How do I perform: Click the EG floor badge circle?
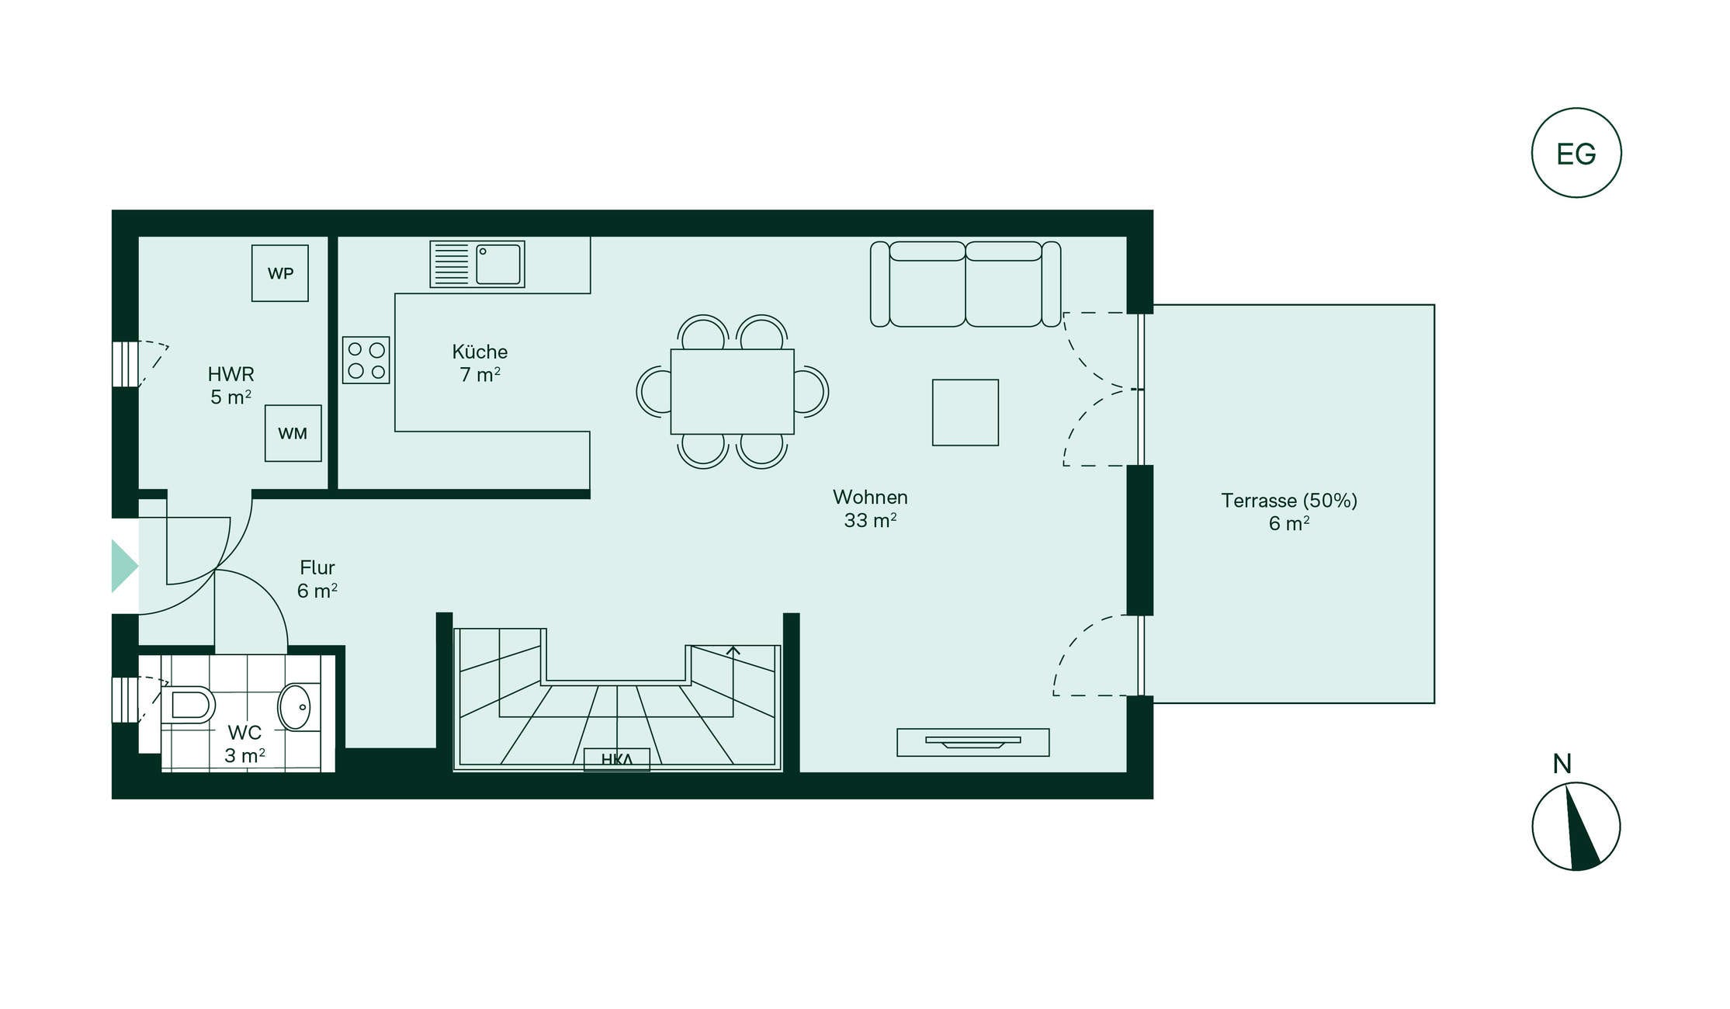[x=1576, y=109]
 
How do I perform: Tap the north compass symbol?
[x=1576, y=826]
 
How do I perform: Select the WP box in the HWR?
[x=280, y=273]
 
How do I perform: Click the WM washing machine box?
[x=293, y=433]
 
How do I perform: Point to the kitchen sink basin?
[x=498, y=264]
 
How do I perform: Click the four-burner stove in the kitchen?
[x=366, y=360]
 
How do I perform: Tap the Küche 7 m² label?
[x=480, y=363]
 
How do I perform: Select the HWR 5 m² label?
[x=231, y=386]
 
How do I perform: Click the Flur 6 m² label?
[x=317, y=579]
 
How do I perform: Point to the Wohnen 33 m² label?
[x=870, y=508]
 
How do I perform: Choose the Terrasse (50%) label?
[x=1289, y=501]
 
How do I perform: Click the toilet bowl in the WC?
[x=188, y=705]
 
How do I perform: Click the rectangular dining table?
[x=732, y=391]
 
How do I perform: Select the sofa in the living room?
[x=966, y=283]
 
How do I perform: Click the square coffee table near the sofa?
[x=966, y=412]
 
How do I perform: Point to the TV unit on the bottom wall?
[x=973, y=742]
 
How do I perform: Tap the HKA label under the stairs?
[x=617, y=759]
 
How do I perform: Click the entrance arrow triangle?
[x=124, y=566]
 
